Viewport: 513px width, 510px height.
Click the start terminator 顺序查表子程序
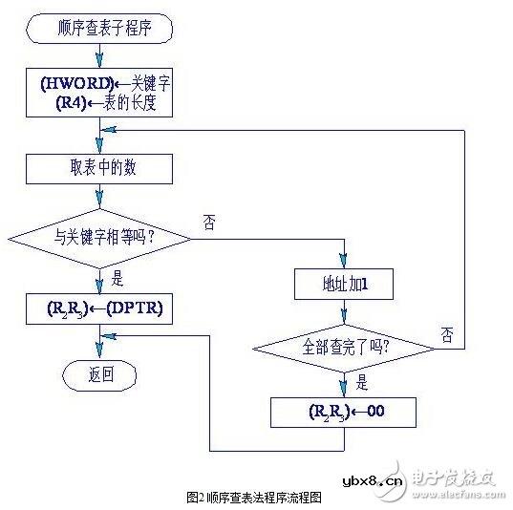point(99,30)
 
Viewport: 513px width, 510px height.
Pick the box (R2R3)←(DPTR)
point(99,308)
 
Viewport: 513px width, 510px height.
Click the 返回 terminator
point(99,374)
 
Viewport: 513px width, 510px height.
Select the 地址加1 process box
point(344,283)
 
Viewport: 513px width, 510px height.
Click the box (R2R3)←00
point(344,412)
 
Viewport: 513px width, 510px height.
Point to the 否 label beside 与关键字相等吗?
point(209,222)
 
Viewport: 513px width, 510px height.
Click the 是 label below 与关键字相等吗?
point(118,281)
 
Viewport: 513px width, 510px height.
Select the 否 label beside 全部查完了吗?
point(447,333)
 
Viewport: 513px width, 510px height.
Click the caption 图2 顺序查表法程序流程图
point(256,497)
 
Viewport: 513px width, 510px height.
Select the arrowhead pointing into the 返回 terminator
point(99,354)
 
